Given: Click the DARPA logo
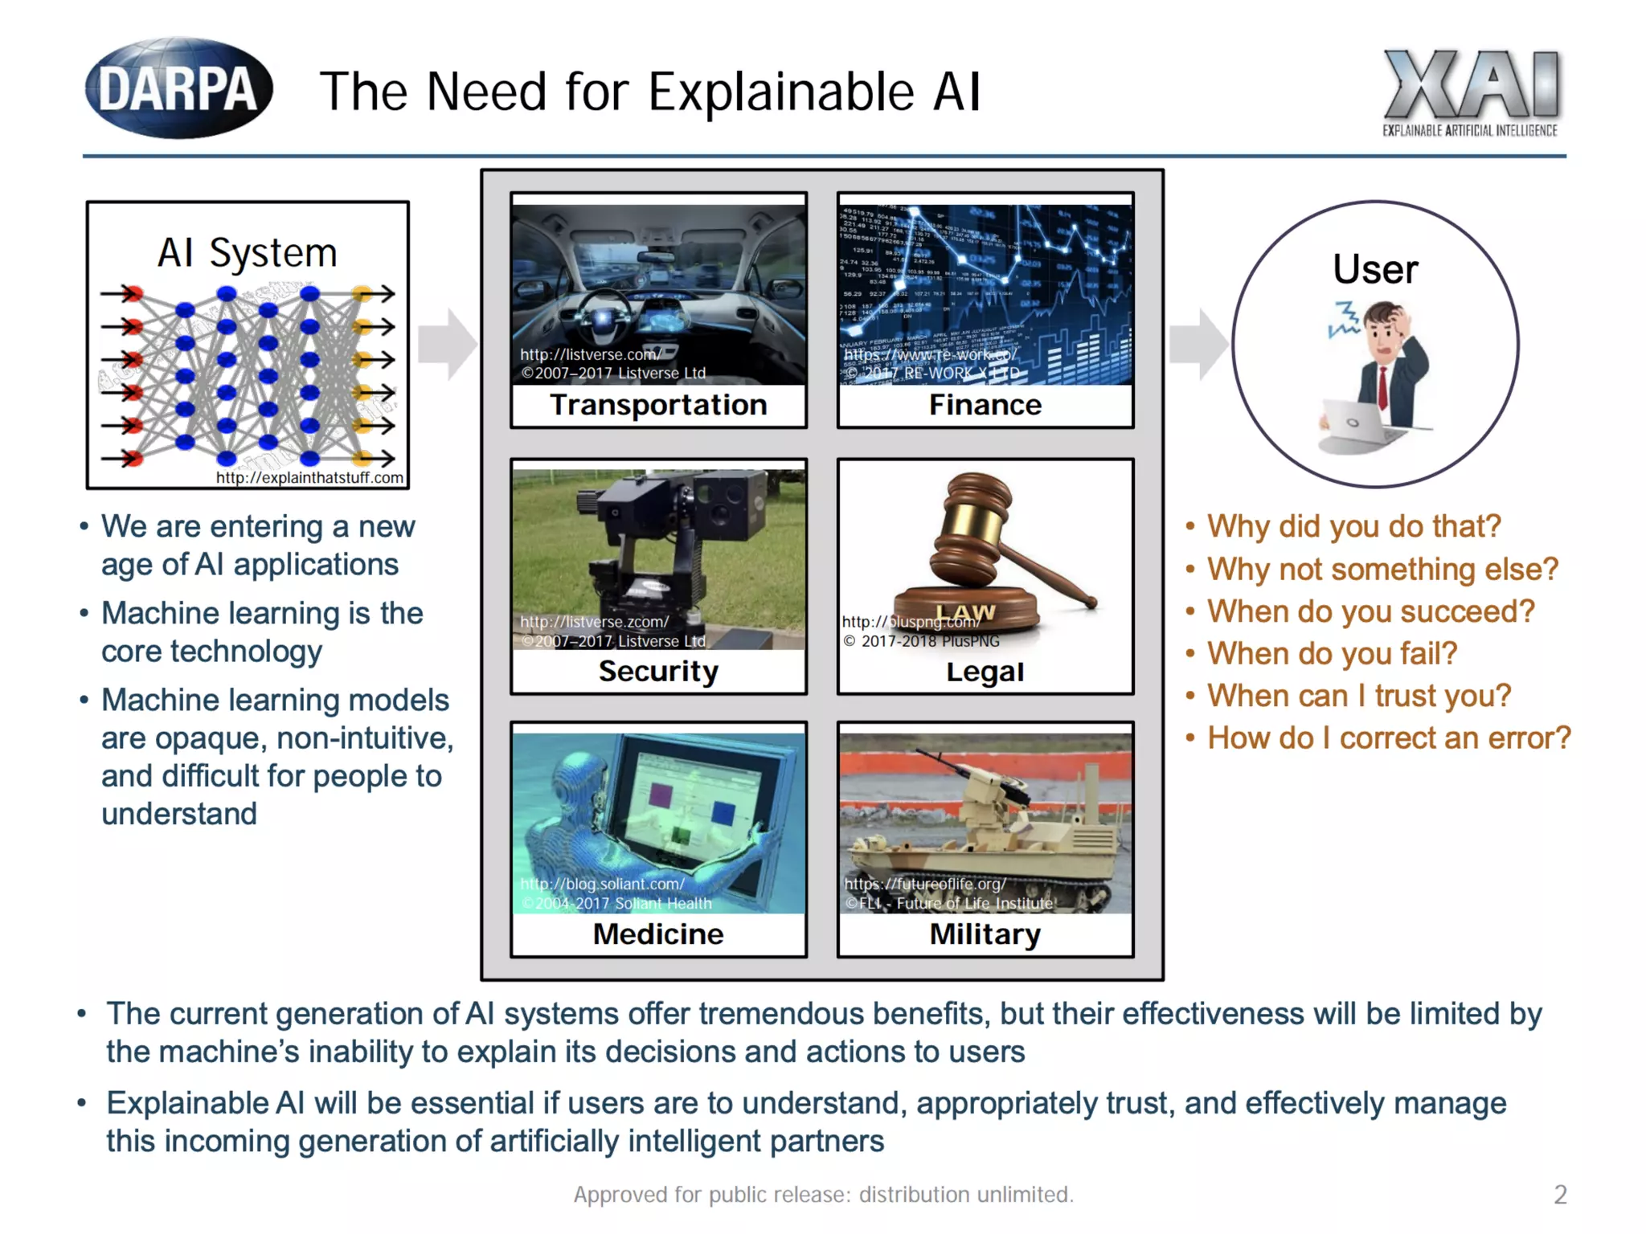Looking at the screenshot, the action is coord(178,88).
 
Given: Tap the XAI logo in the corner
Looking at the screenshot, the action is coord(1470,90).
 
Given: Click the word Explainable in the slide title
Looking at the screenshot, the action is coord(780,92).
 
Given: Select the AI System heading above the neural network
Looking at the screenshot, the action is coord(247,253).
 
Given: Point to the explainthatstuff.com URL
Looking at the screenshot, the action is coord(309,478).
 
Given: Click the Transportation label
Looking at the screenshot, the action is coord(658,405).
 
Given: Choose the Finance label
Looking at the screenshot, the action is coord(985,405).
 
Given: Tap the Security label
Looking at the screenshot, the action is coord(658,671).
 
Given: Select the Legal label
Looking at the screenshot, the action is coord(985,672).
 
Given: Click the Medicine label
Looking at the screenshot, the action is coord(658,934).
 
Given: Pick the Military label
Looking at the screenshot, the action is coord(985,934).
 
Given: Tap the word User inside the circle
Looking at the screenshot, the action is coord(1375,269).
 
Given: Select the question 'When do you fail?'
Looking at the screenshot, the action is coord(1332,653).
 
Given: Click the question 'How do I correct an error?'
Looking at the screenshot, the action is coord(1389,738).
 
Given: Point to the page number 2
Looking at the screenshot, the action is coord(1560,1195).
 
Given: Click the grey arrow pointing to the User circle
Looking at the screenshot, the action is coord(1198,344).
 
